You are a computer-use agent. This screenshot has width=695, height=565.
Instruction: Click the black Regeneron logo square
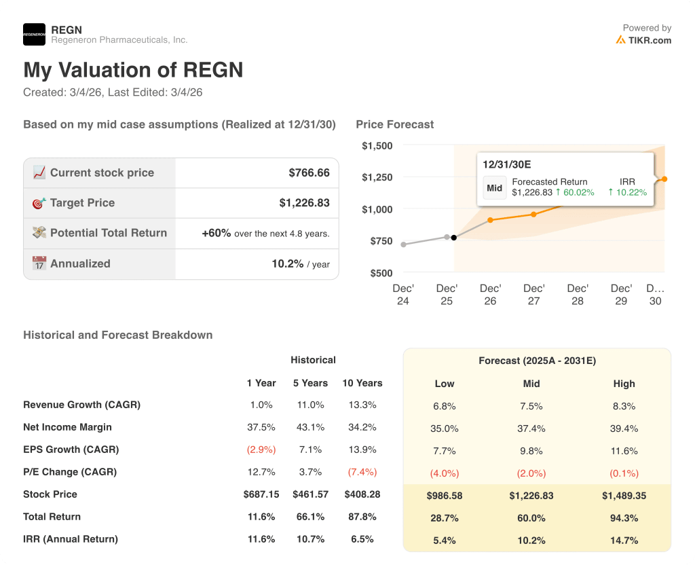coord(34,34)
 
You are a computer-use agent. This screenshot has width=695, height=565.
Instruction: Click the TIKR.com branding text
coord(649,40)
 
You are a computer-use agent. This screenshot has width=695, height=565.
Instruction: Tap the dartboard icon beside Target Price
coord(39,203)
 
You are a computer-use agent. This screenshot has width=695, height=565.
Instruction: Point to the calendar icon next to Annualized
coord(39,263)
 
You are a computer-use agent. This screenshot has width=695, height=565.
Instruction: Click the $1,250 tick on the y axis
coord(377,177)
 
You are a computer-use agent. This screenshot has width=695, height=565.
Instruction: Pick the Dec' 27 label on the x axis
coord(533,294)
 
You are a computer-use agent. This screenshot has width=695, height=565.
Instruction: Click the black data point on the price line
coord(454,238)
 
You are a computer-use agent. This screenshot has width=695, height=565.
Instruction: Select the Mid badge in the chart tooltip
coord(495,187)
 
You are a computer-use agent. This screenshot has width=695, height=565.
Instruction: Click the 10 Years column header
coord(362,383)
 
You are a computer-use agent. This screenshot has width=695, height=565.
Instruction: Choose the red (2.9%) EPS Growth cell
coord(261,450)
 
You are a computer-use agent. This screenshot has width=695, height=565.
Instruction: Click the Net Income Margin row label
coord(67,427)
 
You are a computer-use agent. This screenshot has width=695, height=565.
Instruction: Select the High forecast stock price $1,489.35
coord(624,496)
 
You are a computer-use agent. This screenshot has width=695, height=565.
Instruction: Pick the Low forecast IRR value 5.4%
coord(445,541)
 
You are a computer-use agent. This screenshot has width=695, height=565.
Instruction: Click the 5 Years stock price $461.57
coord(310,494)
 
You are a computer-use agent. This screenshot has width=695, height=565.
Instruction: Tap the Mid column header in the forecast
coord(531,384)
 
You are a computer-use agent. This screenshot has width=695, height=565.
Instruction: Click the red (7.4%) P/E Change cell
coord(362,472)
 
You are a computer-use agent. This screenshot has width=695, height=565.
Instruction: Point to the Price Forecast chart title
coord(394,124)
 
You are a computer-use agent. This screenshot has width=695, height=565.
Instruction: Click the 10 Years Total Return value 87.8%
coord(362,517)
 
